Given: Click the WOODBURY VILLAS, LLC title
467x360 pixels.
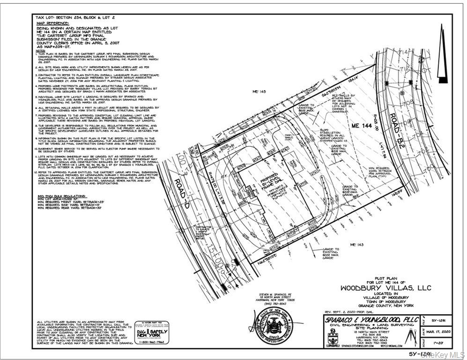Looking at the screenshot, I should (385, 287).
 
